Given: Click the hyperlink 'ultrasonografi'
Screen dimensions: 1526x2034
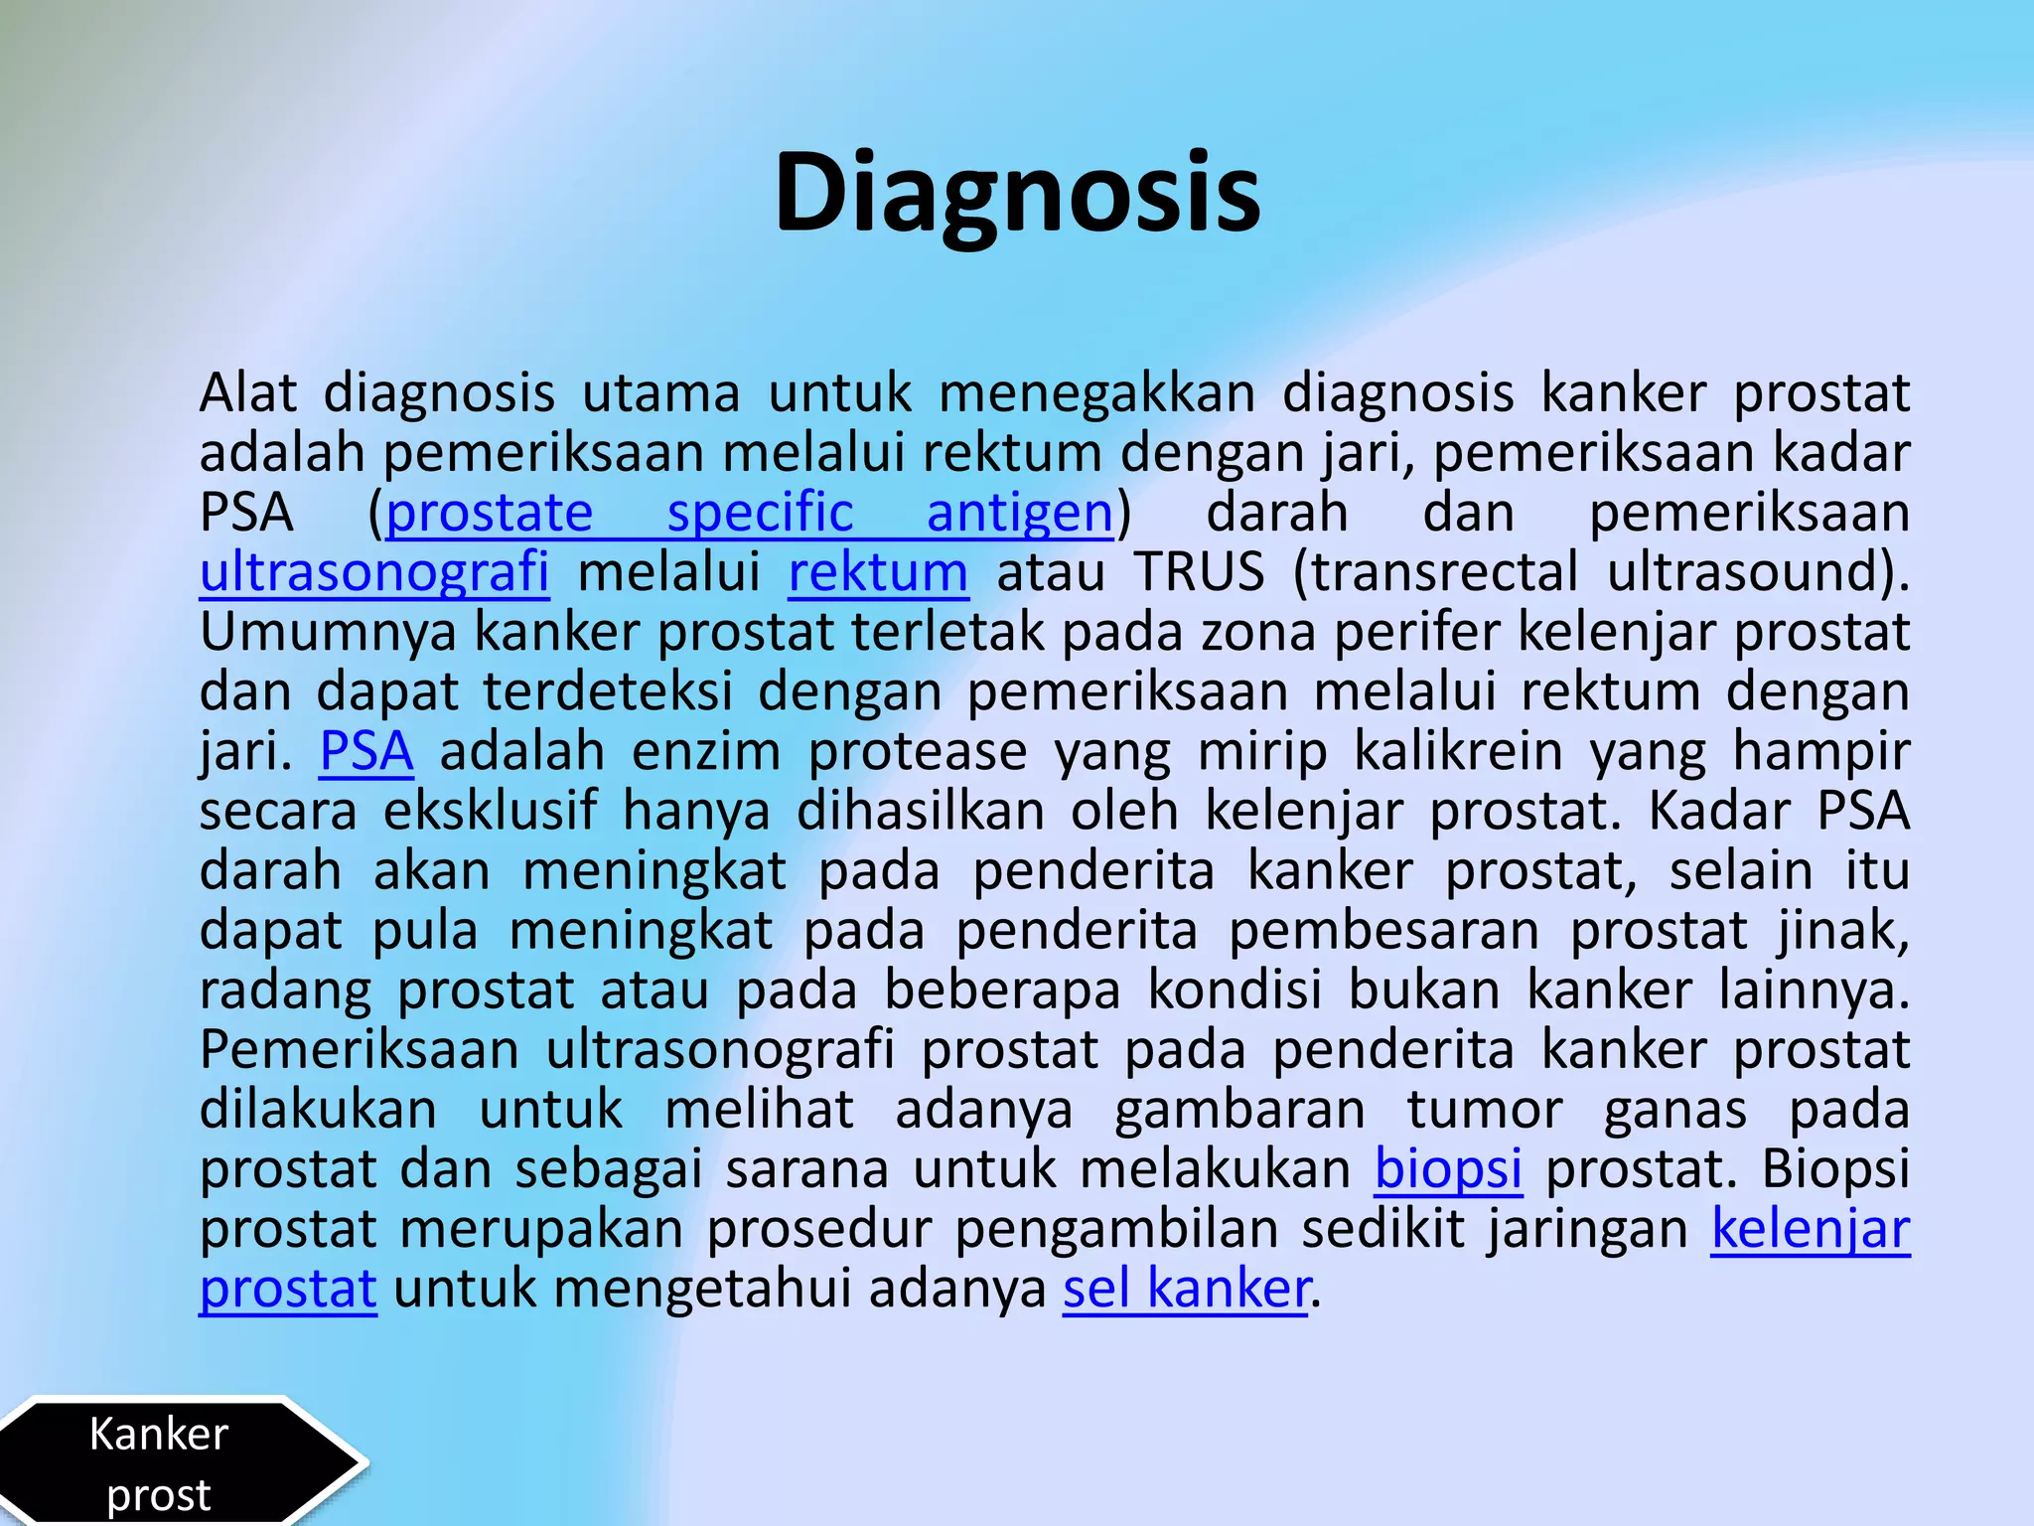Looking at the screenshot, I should pyautogui.click(x=374, y=572).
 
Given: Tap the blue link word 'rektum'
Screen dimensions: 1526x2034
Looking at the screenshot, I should pyautogui.click(x=878, y=572).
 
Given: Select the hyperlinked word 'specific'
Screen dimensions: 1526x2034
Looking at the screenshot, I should pyautogui.click(x=760, y=513).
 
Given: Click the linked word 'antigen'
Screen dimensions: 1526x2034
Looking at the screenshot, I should pyautogui.click(x=1019, y=513).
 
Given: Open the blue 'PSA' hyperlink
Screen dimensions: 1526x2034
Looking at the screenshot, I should pyautogui.click(x=365, y=751).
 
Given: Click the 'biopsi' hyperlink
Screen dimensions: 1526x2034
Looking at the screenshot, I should pyautogui.click(x=1448, y=1168).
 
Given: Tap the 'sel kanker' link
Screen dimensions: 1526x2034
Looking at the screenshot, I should pyautogui.click(x=1186, y=1289).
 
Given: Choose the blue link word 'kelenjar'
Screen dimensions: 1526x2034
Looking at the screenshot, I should pyautogui.click(x=1810, y=1229).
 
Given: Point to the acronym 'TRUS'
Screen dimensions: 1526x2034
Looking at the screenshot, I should pyautogui.click(x=1200, y=572).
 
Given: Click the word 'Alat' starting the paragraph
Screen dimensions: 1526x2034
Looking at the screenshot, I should pyautogui.click(x=247, y=393).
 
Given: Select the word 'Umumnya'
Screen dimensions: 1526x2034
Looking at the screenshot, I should pyautogui.click(x=328, y=632).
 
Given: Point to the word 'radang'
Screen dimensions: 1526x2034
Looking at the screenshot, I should pyautogui.click(x=285, y=991).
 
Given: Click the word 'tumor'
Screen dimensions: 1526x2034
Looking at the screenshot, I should pyautogui.click(x=1485, y=1110).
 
